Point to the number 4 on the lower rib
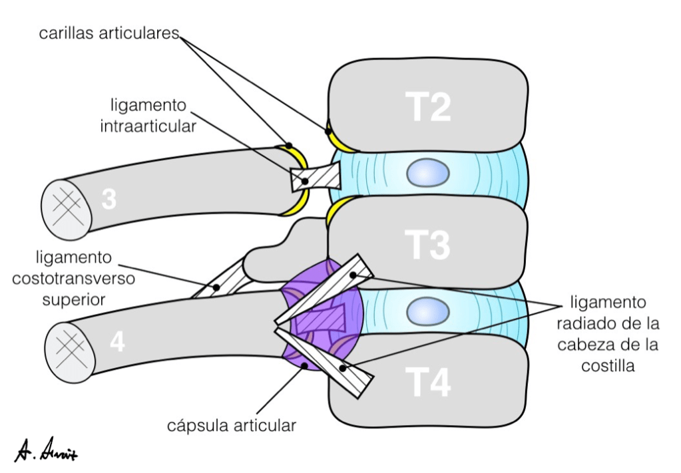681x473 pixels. (x=117, y=342)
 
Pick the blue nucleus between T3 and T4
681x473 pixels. (x=428, y=310)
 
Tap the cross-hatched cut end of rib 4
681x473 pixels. (x=67, y=347)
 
